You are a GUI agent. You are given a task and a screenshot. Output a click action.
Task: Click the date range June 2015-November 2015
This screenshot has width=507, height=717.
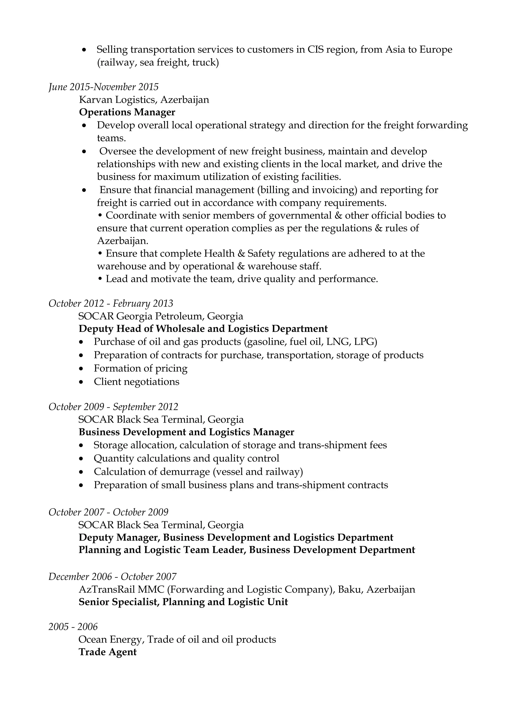coord(103,87)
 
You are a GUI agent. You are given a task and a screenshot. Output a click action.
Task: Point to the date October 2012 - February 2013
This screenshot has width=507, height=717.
coord(111,303)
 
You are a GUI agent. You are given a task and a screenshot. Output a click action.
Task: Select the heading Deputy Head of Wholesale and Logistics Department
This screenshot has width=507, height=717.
coord(203,329)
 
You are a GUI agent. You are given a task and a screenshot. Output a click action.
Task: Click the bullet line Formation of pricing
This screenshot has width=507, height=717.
coord(140,368)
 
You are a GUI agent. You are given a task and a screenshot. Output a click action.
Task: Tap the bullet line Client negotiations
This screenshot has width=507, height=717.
coord(136,382)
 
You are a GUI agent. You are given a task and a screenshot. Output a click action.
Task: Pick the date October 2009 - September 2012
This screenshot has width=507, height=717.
coord(113,406)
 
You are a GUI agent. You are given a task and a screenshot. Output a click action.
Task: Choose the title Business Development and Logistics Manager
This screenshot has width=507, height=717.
coord(186,432)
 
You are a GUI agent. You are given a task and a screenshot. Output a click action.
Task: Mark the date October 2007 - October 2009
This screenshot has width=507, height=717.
coord(108,512)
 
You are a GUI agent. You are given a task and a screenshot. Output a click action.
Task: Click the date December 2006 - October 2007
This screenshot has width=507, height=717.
coord(112,576)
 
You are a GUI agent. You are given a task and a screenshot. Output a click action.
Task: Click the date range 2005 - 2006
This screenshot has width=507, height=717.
coord(73,627)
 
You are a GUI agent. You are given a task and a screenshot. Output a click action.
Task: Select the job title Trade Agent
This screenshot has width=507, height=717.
coord(107,652)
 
